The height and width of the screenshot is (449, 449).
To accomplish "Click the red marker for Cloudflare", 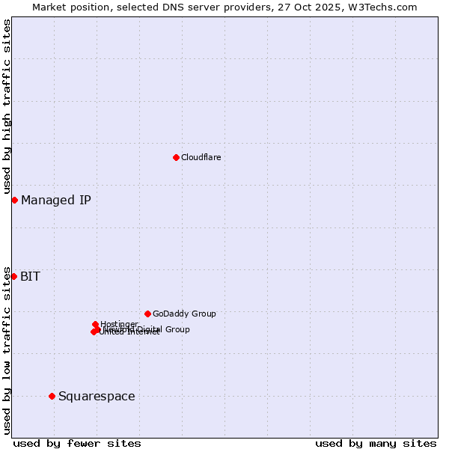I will [x=176, y=157].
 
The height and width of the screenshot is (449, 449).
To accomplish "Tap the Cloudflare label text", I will [x=201, y=157].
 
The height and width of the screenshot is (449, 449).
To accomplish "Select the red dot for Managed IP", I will [x=14, y=200].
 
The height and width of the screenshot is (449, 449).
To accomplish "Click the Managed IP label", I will [x=56, y=200].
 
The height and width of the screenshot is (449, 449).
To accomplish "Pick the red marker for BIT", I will [x=13, y=276].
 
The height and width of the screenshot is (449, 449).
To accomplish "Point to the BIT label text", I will [x=30, y=276].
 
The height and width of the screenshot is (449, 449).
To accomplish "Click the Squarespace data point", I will [x=52, y=396].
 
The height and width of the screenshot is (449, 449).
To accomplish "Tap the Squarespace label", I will [x=97, y=396].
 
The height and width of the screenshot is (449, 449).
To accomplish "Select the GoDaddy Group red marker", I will [x=147, y=314].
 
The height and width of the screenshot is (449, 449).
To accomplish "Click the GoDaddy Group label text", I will [x=184, y=314].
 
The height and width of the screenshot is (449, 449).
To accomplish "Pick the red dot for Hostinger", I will [x=95, y=324].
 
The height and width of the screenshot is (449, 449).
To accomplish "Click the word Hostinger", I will [x=120, y=323].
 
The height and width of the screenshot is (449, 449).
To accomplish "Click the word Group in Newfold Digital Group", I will [x=177, y=329].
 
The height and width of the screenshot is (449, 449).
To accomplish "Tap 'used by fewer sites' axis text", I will [x=77, y=443].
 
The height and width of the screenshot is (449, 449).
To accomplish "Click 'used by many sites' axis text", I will [x=376, y=443].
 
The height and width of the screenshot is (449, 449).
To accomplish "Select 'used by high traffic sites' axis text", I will [x=7, y=107].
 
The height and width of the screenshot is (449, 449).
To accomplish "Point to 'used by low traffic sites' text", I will [x=7, y=349].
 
